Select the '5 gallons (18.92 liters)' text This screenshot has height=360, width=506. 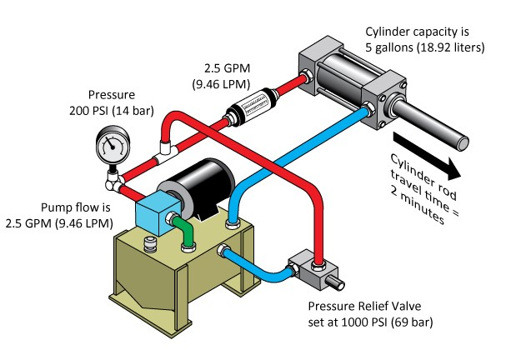tap(424, 47)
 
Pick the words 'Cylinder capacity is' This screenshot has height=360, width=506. tap(421, 32)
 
